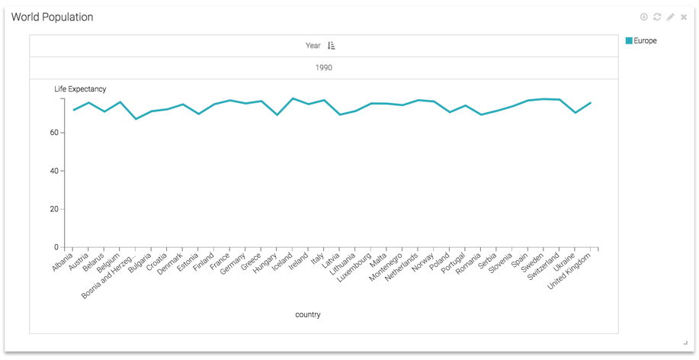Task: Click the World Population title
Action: pyautogui.click(x=52, y=18)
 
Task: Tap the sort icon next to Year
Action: pyautogui.click(x=332, y=46)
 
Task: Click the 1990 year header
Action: pyautogui.click(x=323, y=68)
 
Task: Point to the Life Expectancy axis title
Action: pyautogui.click(x=80, y=89)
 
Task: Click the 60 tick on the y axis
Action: pyautogui.click(x=55, y=133)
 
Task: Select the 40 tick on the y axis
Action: pyautogui.click(x=55, y=171)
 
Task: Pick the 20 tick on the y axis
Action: pyautogui.click(x=55, y=209)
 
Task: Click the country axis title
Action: pyautogui.click(x=308, y=314)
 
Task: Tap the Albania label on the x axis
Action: pyautogui.click(x=63, y=263)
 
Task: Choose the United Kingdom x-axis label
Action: pyautogui.click(x=570, y=272)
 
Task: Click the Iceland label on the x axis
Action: pyautogui.click(x=283, y=262)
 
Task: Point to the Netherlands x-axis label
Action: pyautogui.click(x=402, y=268)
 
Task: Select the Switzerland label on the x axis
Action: pyautogui.click(x=543, y=266)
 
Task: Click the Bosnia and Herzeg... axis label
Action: pyautogui.click(x=108, y=276)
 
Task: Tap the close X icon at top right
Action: pyautogui.click(x=684, y=17)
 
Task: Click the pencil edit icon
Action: pyautogui.click(x=671, y=17)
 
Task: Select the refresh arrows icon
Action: pyautogui.click(x=657, y=17)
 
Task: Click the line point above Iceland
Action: pyautogui.click(x=293, y=98)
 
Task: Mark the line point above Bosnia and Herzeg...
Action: pyautogui.click(x=136, y=119)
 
